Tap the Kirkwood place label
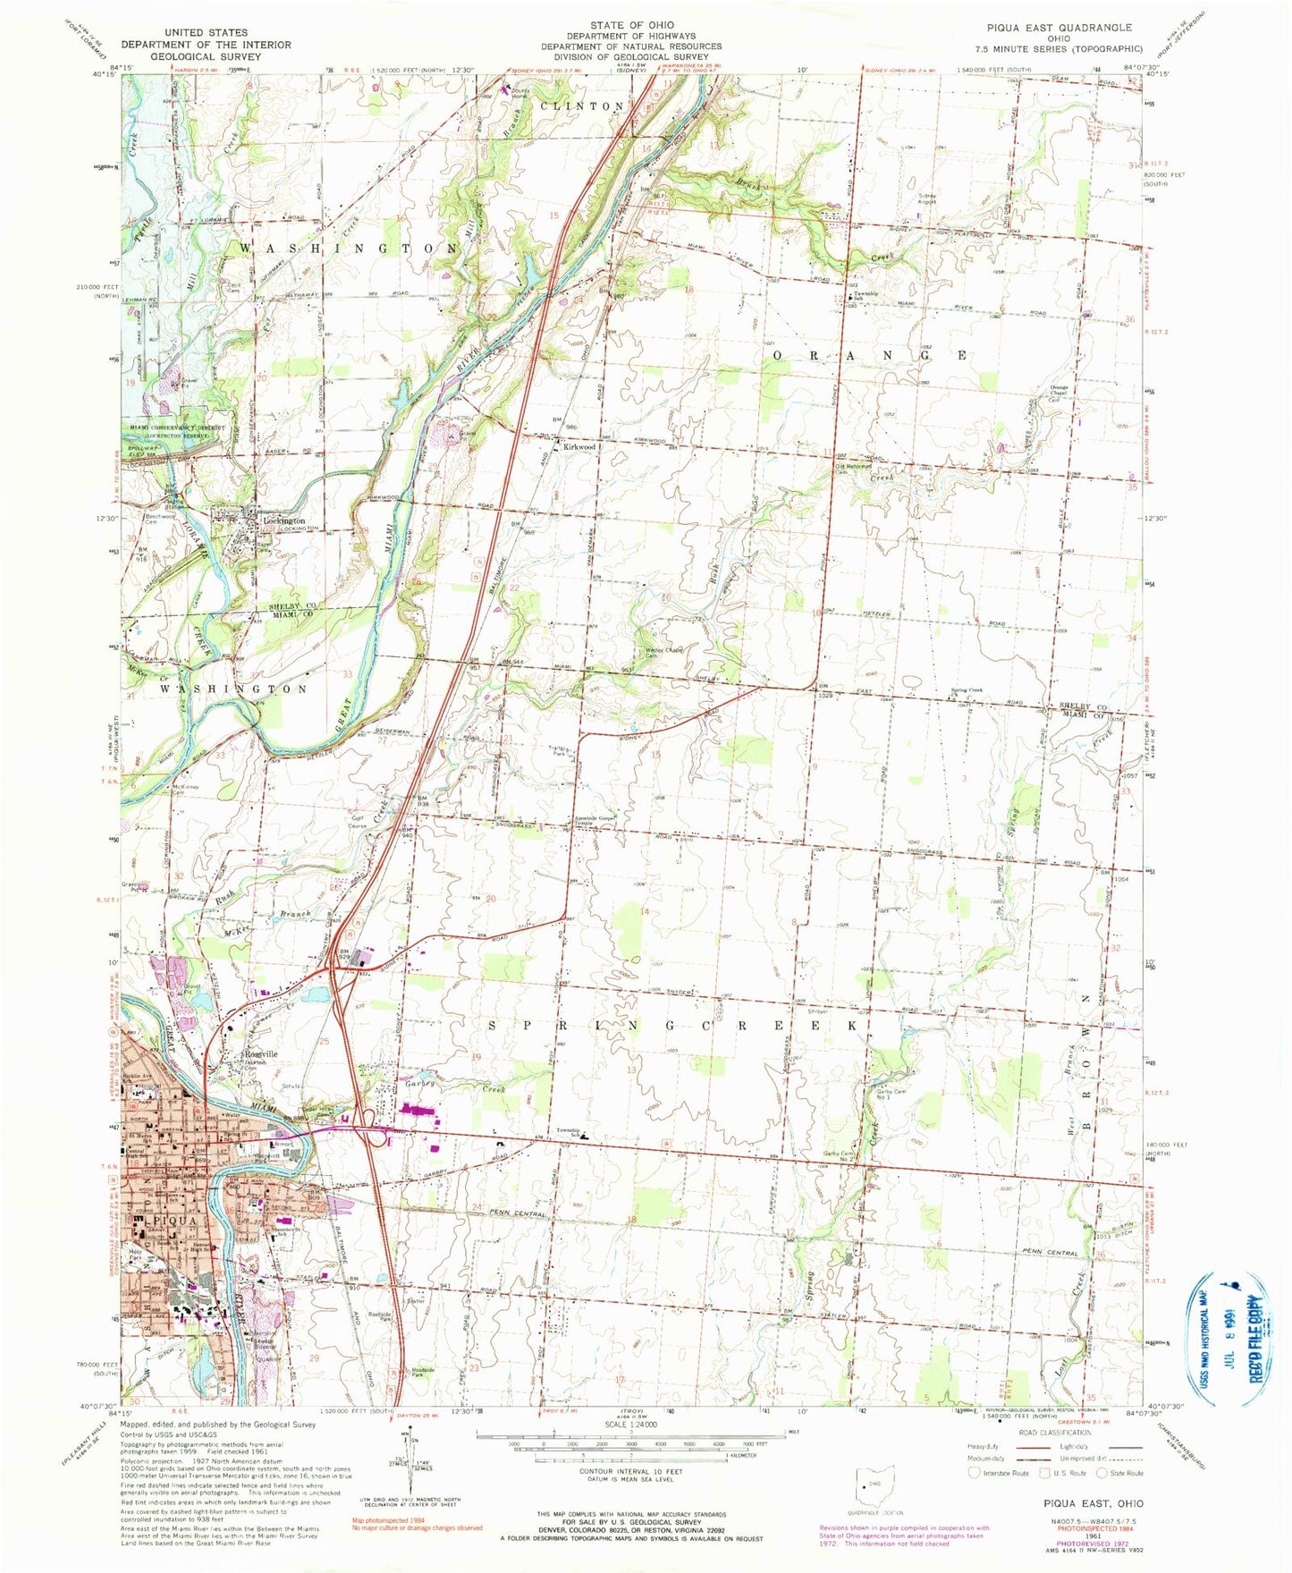pyautogui.click(x=578, y=446)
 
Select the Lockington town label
pyautogui.click(x=283, y=520)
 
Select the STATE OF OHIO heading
pyautogui.click(x=644, y=25)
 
